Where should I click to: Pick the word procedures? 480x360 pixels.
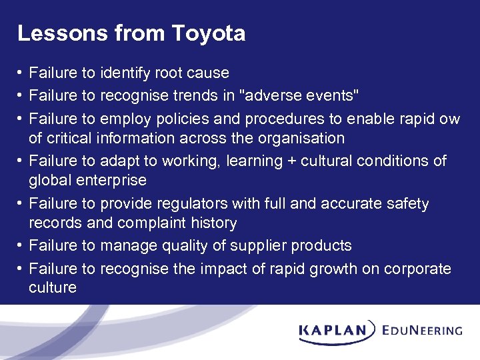pos(292,118)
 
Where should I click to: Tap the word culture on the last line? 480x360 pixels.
pos(52,288)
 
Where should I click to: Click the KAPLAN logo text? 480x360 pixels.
pos(333,329)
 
